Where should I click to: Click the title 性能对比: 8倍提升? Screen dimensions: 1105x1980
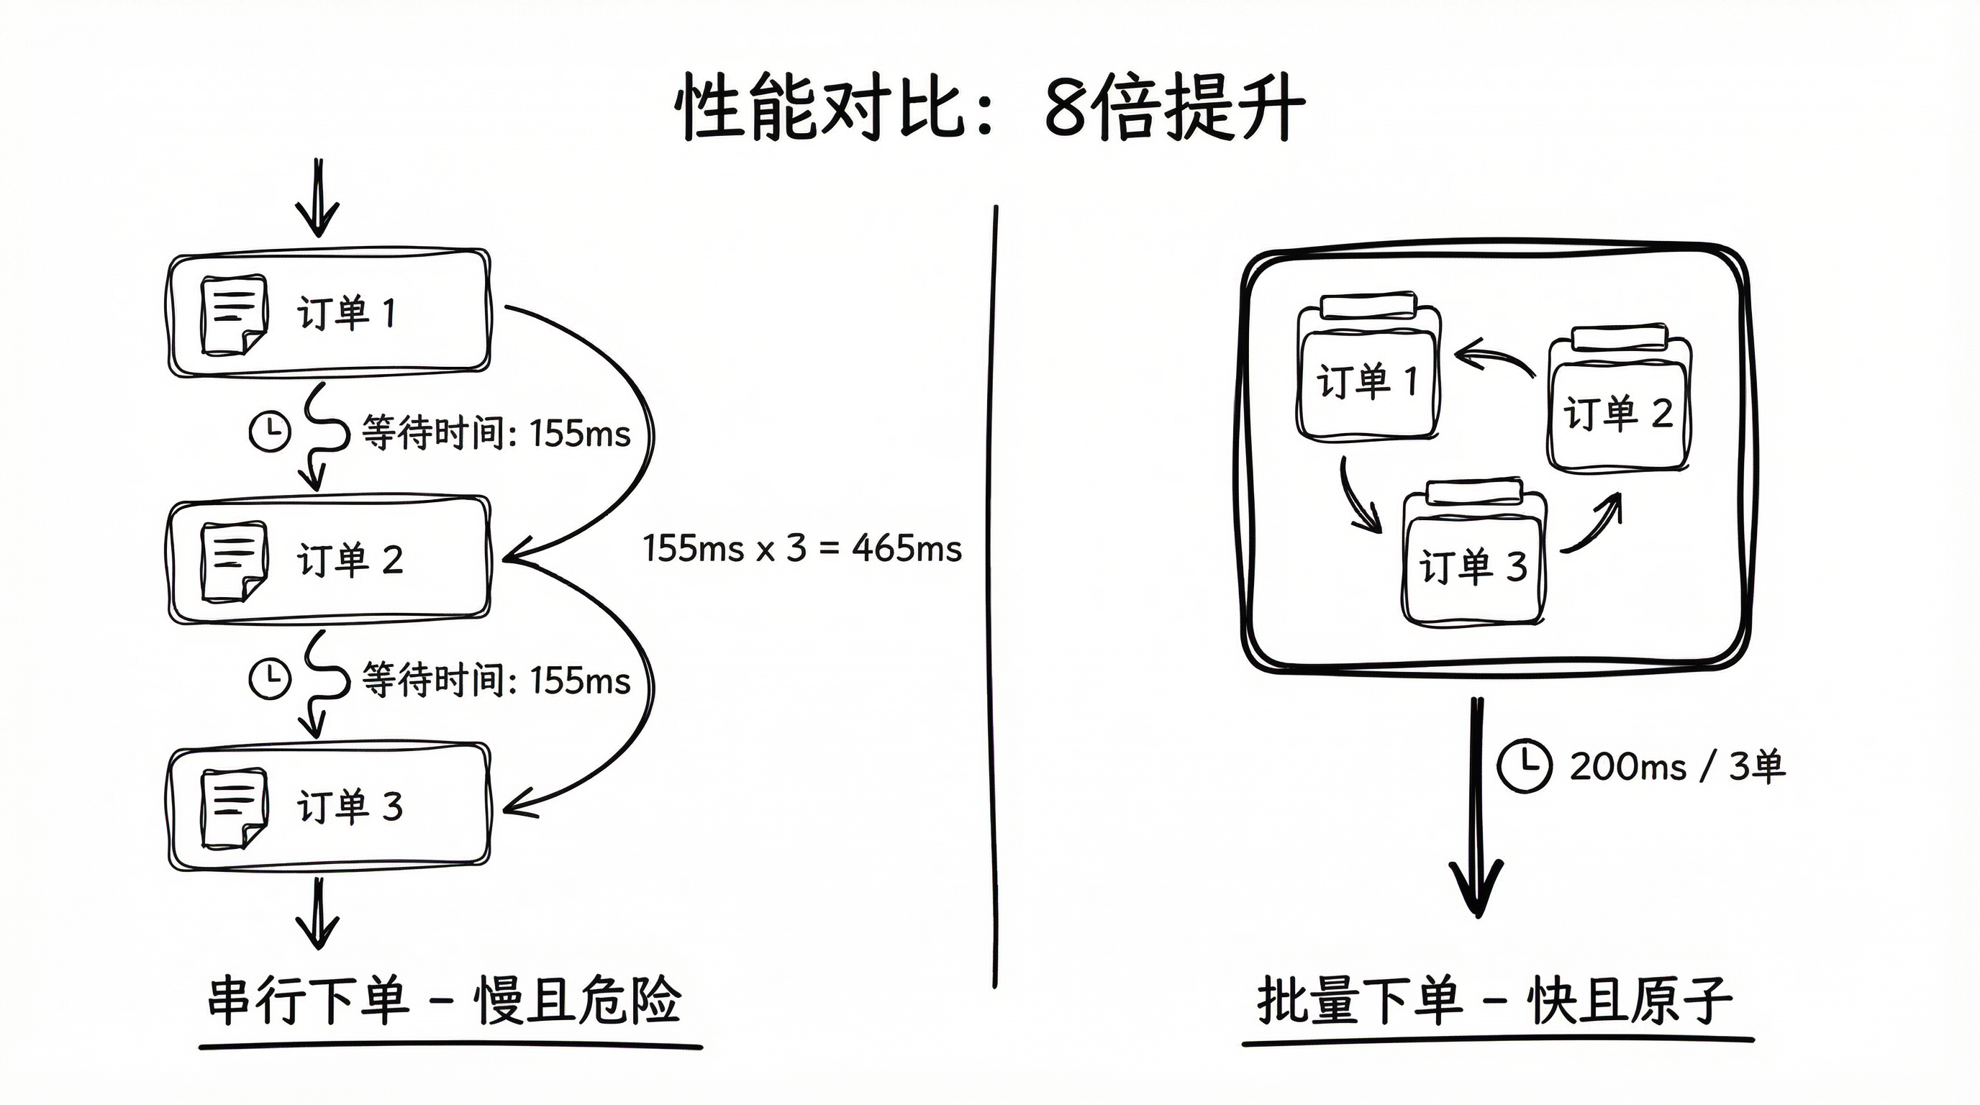pos(989,108)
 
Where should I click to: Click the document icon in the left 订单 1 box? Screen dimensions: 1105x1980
pos(234,315)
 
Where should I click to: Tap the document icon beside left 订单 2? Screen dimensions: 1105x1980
pos(234,562)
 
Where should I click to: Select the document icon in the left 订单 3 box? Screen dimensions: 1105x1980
pos(234,809)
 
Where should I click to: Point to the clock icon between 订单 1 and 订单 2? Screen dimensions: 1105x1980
pos(270,432)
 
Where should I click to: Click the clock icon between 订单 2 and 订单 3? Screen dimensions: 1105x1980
pos(270,678)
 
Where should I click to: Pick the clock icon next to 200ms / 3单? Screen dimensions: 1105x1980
pos(1523,765)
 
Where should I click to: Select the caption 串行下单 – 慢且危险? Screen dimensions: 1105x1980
pos(444,1001)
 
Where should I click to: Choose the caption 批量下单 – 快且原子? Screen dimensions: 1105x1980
pos(1495,1001)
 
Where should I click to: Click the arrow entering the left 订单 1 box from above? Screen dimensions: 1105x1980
pos(317,199)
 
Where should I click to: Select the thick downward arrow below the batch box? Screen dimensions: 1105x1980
pos(1476,807)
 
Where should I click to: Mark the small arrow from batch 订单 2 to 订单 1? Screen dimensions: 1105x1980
pos(1494,360)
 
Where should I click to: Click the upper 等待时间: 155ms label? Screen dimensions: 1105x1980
pos(496,433)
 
